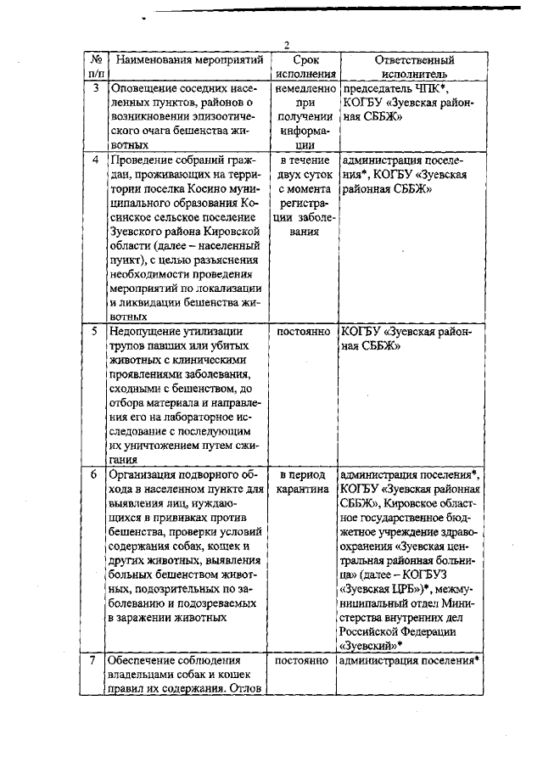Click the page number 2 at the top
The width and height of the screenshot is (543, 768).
pos(287,45)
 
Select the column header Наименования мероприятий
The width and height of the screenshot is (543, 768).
pos(189,60)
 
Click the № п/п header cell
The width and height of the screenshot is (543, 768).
pos(96,67)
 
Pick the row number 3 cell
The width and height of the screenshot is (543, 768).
pos(96,87)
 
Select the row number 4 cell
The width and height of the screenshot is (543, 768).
pos(96,160)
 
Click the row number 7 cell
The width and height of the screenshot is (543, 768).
pos(96,660)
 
